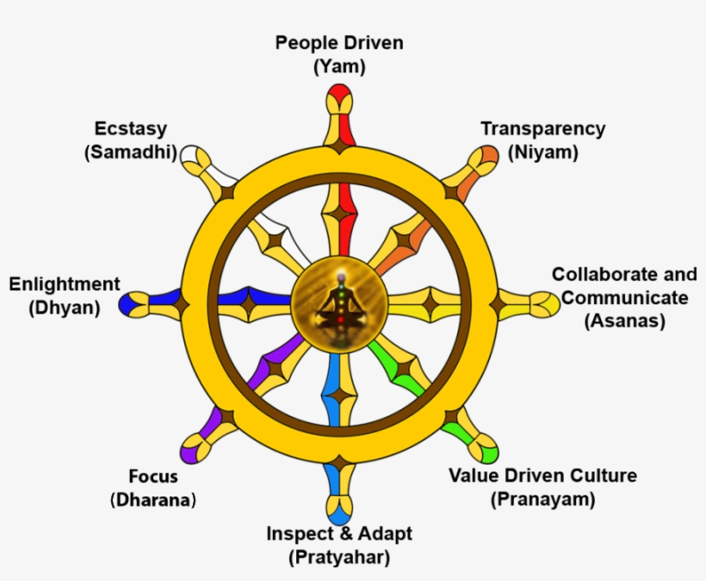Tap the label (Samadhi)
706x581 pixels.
pyautogui.click(x=130, y=152)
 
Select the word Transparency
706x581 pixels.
pyautogui.click(x=542, y=129)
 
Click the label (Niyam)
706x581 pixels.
pyautogui.click(x=542, y=152)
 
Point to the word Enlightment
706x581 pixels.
pyautogui.click(x=65, y=284)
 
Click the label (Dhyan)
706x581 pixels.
pyautogui.click(x=65, y=306)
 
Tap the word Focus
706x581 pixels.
pyautogui.click(x=153, y=477)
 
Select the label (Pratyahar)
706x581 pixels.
pyautogui.click(x=338, y=557)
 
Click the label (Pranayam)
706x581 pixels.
pyautogui.click(x=542, y=498)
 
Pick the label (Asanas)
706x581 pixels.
pyautogui.click(x=624, y=321)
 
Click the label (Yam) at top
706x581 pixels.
pyautogui.click(x=338, y=66)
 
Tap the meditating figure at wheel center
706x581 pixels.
pyautogui.click(x=338, y=303)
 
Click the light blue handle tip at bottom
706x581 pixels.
pyautogui.click(x=339, y=509)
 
